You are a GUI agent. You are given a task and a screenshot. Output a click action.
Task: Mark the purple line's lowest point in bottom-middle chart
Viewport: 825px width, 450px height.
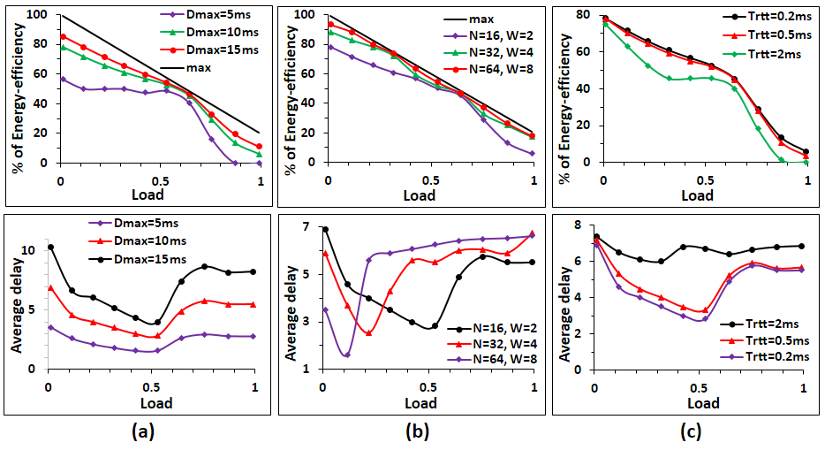346,355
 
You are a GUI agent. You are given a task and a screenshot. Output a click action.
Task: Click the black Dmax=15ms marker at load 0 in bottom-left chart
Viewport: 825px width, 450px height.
50,248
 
